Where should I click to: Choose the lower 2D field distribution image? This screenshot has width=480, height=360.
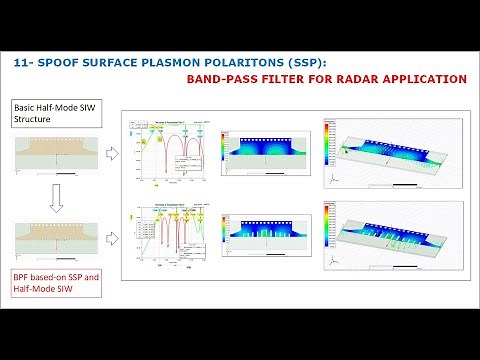[x=263, y=236]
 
